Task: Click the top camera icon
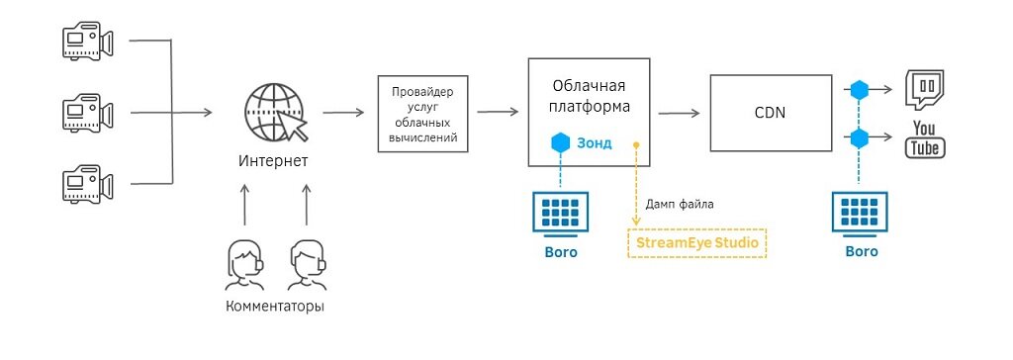click(83, 42)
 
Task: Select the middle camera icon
click(83, 112)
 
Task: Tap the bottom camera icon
click(83, 184)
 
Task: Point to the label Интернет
click(273, 160)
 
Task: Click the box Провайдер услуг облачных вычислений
click(423, 113)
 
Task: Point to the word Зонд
click(595, 142)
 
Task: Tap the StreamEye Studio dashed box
click(697, 241)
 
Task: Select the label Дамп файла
click(680, 205)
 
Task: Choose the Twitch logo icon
click(926, 89)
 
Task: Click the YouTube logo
click(925, 139)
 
